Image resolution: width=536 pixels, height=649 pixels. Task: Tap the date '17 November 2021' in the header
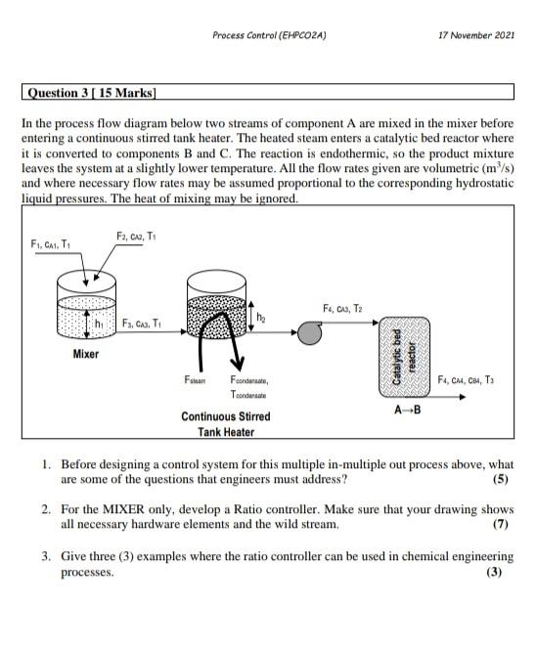click(477, 35)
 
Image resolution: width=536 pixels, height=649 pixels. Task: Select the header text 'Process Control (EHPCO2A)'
click(269, 35)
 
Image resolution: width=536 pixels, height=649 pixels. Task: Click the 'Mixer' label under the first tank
click(86, 354)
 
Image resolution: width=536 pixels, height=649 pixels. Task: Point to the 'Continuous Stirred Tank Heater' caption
click(226, 423)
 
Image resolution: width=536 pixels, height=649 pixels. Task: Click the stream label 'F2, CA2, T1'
click(136, 237)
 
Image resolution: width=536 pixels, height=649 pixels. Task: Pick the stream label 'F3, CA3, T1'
click(142, 324)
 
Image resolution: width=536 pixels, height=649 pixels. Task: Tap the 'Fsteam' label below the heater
click(195, 378)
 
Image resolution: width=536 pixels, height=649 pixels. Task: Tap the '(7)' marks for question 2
click(503, 524)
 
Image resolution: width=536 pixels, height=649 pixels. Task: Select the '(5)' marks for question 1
click(503, 479)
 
